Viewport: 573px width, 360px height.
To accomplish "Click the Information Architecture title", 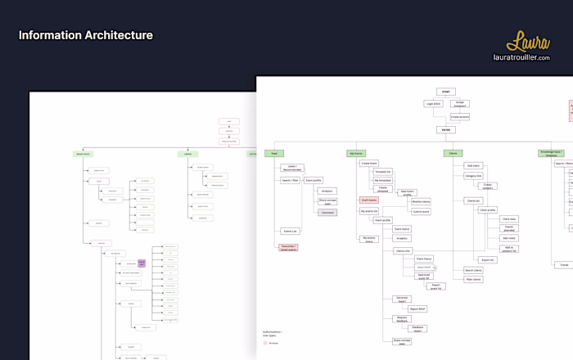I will [85, 35].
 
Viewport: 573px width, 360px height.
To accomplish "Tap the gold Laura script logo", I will [528, 42].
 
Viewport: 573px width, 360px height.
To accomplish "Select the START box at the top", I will [444, 92].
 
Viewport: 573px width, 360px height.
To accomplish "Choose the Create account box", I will [460, 117].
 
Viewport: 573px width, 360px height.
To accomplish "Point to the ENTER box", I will [444, 129].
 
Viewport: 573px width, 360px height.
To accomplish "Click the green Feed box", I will [276, 153].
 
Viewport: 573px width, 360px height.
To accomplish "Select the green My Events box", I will [354, 153].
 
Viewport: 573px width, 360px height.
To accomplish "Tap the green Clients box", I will [453, 153].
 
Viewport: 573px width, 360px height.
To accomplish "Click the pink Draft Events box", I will [369, 200].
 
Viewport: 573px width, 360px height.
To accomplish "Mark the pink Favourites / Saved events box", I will [288, 247].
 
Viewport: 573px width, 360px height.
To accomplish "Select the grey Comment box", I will [327, 212].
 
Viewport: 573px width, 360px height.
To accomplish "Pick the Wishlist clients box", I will [421, 201].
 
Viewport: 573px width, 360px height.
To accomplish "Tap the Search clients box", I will [473, 270].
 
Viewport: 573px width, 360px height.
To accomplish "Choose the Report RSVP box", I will [417, 308].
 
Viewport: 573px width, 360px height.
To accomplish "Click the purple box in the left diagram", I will [141, 263].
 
